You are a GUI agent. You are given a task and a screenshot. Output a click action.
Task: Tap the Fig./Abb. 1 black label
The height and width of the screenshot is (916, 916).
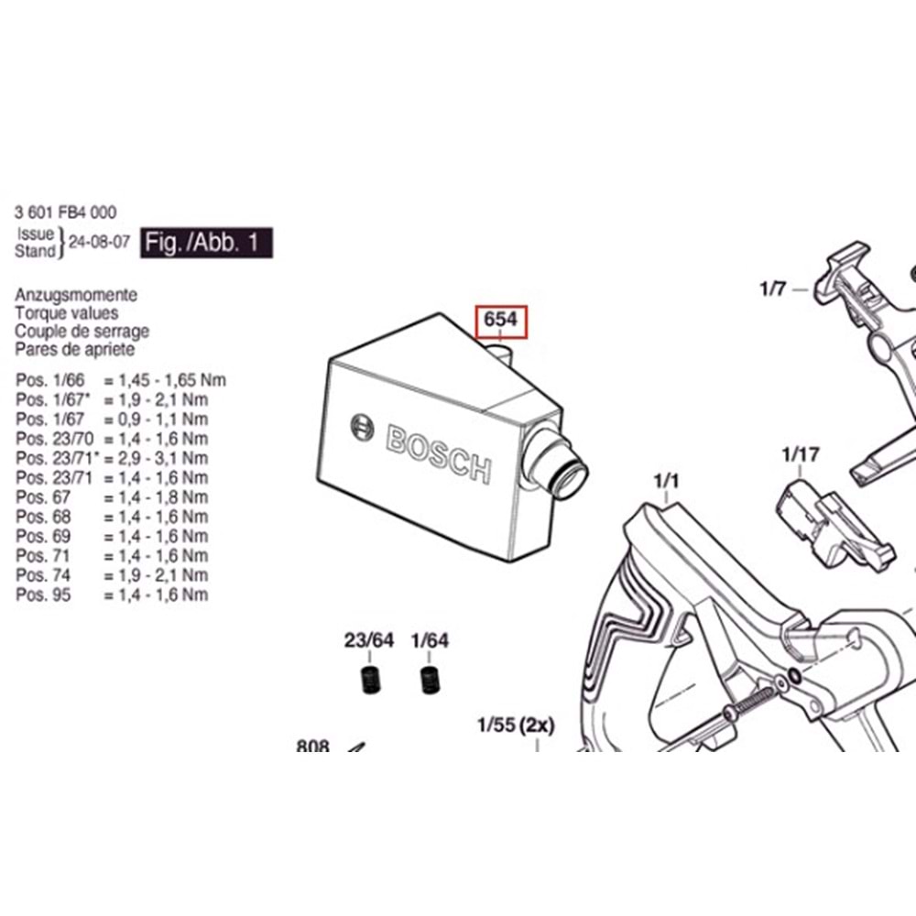pos(206,245)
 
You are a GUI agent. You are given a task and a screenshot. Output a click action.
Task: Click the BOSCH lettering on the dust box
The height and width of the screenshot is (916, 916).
pos(439,453)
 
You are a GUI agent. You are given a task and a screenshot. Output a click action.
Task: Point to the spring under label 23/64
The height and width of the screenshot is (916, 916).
pos(369,682)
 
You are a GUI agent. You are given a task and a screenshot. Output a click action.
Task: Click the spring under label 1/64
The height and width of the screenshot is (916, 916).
pos(427,682)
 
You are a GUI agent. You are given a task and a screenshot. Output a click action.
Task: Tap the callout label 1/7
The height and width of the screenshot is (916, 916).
pos(772,289)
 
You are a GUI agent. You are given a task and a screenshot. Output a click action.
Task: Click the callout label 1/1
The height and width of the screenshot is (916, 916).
pos(666,479)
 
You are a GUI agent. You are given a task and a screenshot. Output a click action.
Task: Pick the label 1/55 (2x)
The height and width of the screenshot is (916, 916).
pos(516,726)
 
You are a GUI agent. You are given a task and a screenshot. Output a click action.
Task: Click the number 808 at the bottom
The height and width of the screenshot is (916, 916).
pos(312,747)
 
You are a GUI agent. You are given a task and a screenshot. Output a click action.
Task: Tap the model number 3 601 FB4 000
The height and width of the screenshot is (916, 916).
pos(66,212)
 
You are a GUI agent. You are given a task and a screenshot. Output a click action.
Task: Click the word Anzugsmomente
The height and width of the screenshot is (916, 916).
pos(76,295)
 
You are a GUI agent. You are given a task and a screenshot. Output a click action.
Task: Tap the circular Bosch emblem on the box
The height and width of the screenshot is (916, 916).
pos(363,427)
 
